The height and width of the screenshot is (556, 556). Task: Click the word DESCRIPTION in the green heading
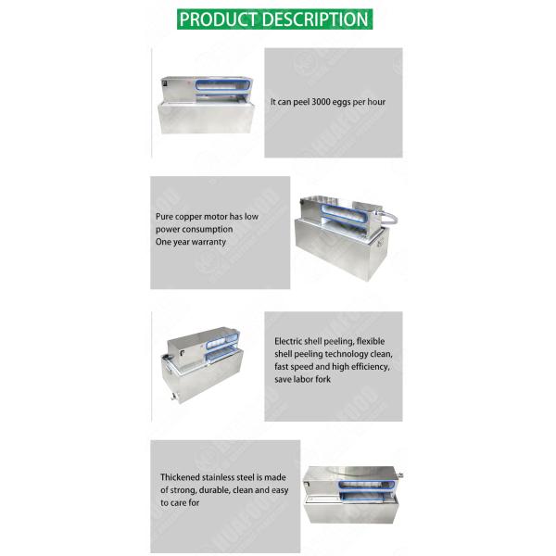(313, 19)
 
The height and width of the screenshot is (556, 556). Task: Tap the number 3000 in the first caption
(322, 101)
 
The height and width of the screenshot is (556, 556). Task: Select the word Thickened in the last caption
(181, 478)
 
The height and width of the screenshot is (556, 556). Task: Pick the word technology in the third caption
(342, 355)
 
